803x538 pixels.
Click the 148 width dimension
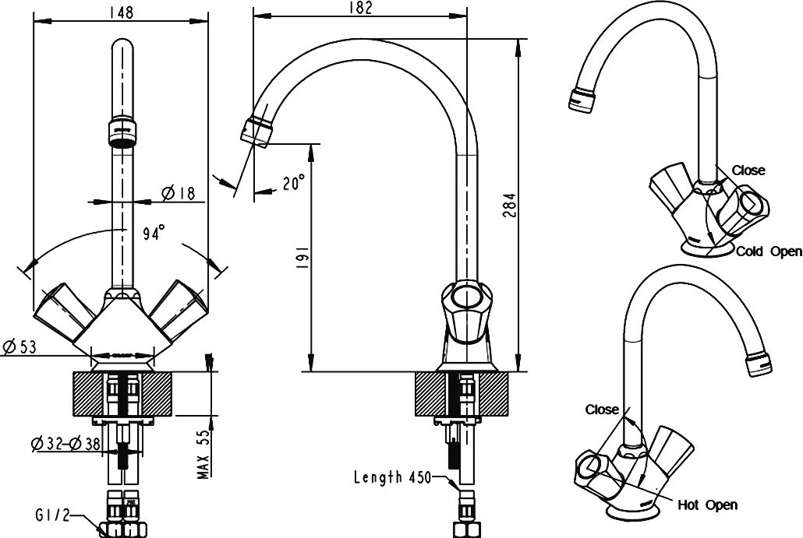coord(122,12)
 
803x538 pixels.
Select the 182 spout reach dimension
coord(362,9)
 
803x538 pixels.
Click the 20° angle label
coord(292,182)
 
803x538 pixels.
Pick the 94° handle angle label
coord(154,234)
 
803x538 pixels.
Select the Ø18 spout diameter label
coord(179,193)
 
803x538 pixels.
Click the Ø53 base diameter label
coord(20,347)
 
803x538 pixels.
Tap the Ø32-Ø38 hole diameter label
coord(65,444)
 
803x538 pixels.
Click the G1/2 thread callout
coord(52,515)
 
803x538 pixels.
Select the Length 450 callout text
coord(392,477)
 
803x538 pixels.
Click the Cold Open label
coord(769,251)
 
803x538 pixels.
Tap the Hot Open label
coord(708,505)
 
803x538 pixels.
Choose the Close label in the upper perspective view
coord(748,170)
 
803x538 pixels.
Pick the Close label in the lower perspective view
coord(602,410)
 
